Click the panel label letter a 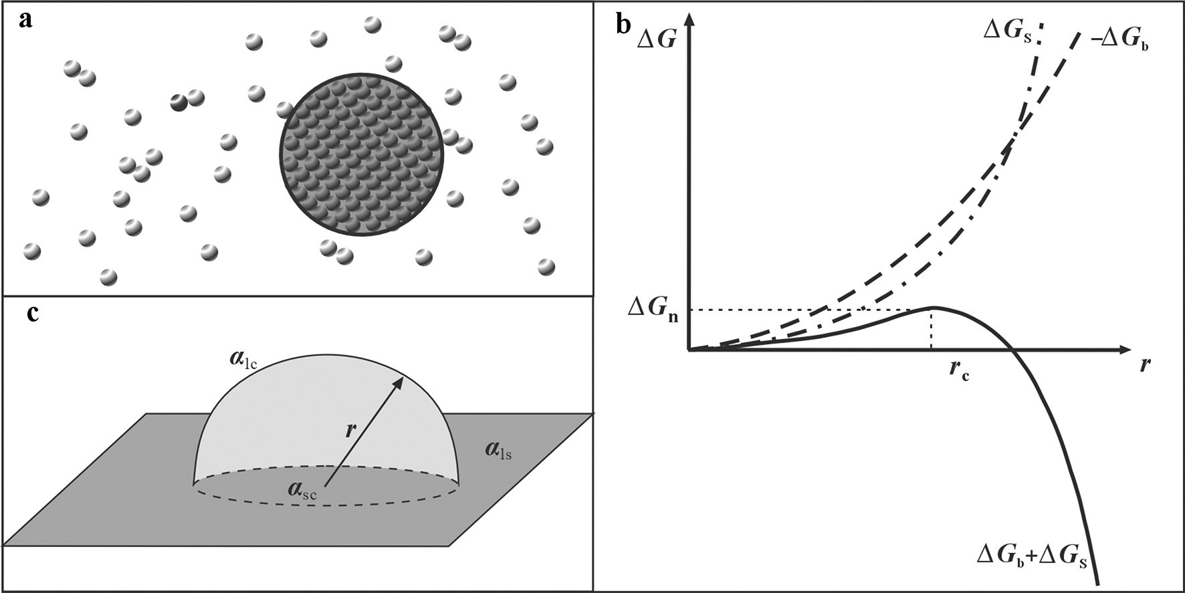[26, 21]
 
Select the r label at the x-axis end [1146, 364]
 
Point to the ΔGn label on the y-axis [653, 310]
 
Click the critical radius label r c [958, 370]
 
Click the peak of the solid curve [932, 308]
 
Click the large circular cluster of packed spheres [361, 154]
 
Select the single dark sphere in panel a [179, 102]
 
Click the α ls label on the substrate [499, 452]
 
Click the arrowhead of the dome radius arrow [399, 382]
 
